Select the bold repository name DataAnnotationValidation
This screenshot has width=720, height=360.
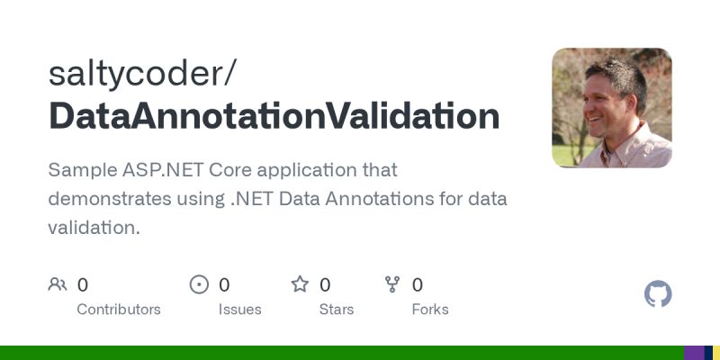click(x=274, y=117)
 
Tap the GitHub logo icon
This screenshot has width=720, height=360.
click(x=658, y=293)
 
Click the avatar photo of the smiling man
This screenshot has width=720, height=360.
click(x=611, y=108)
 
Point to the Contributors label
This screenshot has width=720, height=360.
click(x=119, y=310)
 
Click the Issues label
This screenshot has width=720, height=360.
click(x=239, y=310)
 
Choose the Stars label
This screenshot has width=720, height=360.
click(x=337, y=310)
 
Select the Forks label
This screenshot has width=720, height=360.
click(x=430, y=310)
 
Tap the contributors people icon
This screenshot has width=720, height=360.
click(x=58, y=284)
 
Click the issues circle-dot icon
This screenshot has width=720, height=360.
click(x=199, y=284)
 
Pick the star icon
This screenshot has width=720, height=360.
click(x=300, y=284)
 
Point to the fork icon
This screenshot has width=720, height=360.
click(x=392, y=284)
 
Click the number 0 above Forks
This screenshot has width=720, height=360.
click(x=418, y=285)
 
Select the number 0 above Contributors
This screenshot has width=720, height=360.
click(x=83, y=285)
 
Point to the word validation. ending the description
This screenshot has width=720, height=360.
click(x=94, y=228)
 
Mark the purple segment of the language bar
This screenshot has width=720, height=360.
click(x=693, y=353)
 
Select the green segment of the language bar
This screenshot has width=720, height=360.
click(x=342, y=353)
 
